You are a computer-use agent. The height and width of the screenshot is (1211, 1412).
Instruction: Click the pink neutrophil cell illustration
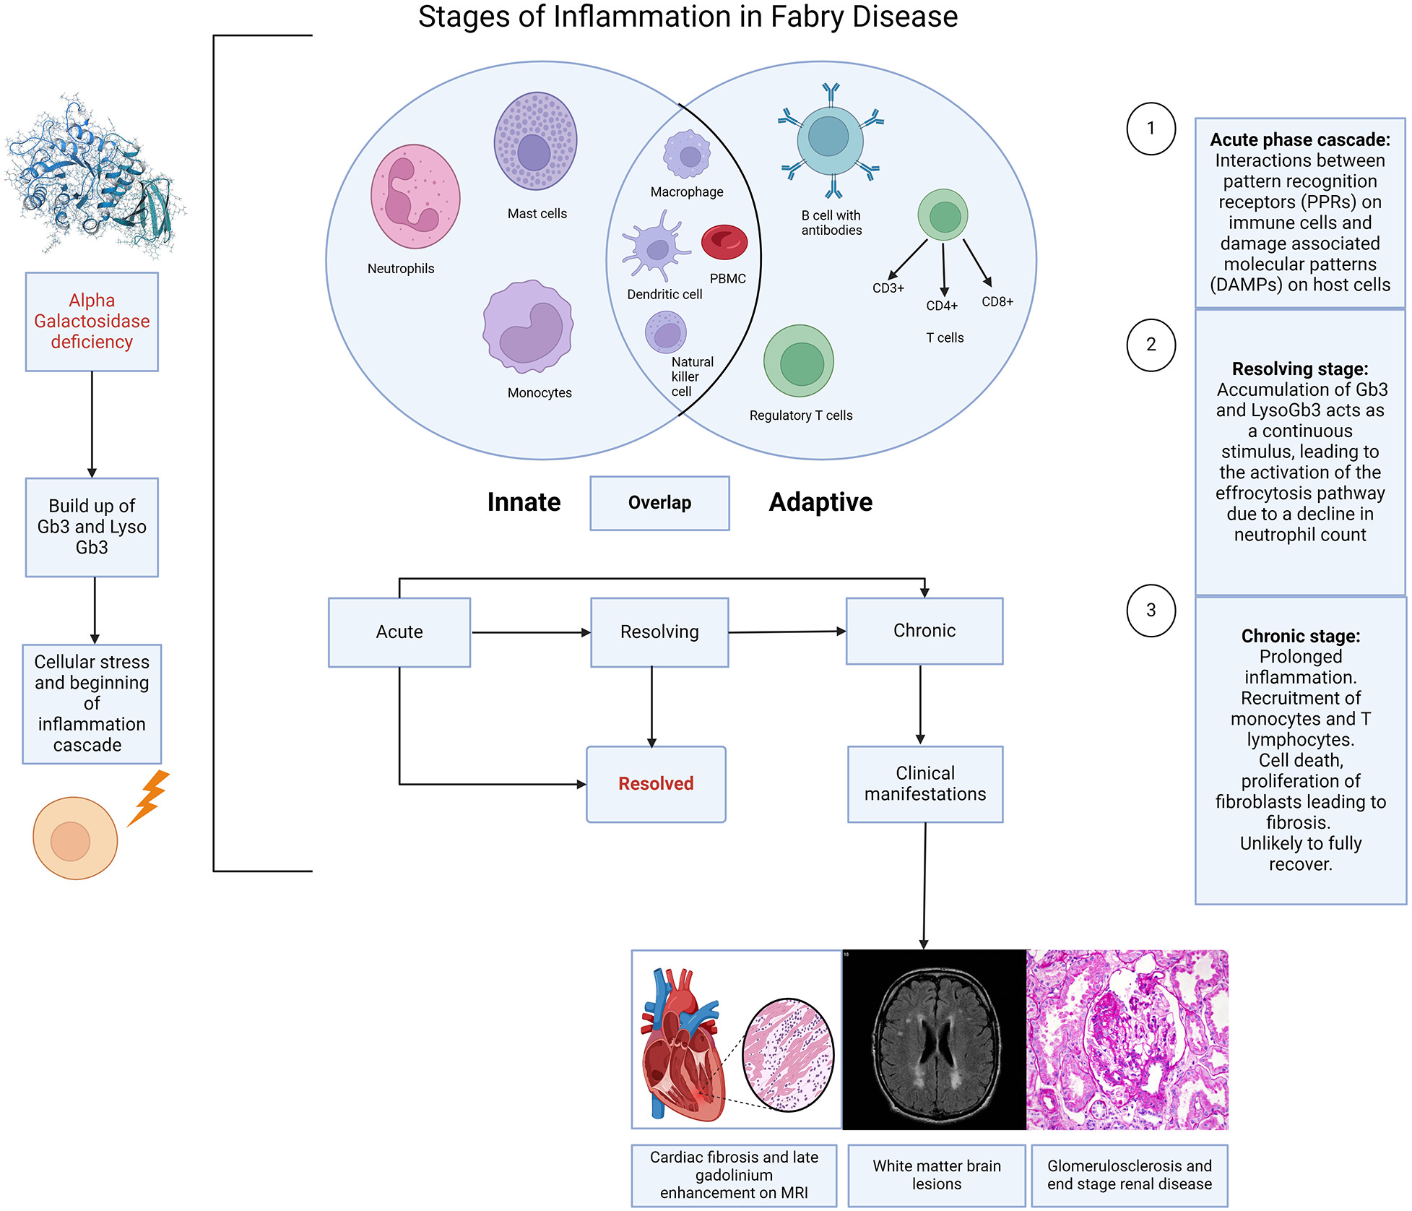[x=415, y=196]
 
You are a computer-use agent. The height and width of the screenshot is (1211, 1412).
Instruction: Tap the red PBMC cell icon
[x=724, y=243]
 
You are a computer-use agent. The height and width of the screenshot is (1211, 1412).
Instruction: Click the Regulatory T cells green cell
[x=798, y=361]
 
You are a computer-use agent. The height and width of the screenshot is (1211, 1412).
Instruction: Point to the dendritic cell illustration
[x=655, y=248]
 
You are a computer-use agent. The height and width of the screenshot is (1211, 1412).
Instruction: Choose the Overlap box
[x=659, y=503]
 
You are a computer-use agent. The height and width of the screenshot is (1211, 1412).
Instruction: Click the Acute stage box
[x=399, y=632]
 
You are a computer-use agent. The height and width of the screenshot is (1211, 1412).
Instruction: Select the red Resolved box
[x=656, y=784]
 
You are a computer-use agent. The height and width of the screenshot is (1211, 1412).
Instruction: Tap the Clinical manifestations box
[x=924, y=784]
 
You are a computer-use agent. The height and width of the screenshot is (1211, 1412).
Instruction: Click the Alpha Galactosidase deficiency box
[x=92, y=322]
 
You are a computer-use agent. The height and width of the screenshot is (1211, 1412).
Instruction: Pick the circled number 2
[x=1151, y=345]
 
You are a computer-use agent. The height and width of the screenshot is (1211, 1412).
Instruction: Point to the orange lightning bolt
[x=149, y=797]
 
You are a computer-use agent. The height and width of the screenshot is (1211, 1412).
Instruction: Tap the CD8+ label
[x=997, y=302]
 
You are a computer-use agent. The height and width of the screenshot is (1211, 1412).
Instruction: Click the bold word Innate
[x=524, y=502]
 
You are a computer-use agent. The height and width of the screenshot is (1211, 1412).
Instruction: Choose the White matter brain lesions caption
[x=936, y=1175]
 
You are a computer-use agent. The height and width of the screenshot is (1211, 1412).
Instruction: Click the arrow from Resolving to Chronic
[x=787, y=632]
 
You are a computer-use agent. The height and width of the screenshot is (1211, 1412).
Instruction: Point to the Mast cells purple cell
[x=535, y=141]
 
